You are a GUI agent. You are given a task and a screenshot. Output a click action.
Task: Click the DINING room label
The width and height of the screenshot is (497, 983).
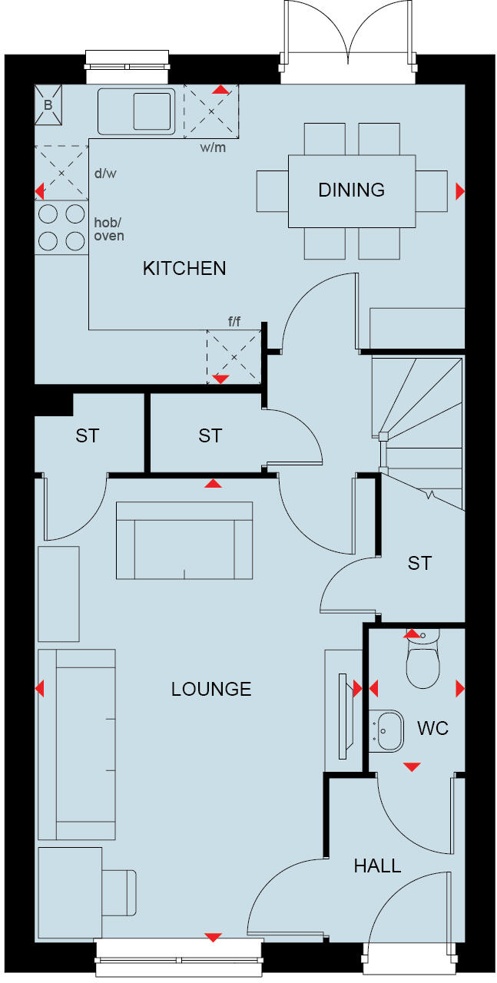point(351,190)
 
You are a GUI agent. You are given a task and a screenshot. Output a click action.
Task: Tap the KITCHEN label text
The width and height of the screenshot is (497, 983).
point(184,268)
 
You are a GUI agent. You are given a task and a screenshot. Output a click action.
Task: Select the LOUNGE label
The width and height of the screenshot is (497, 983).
point(211,689)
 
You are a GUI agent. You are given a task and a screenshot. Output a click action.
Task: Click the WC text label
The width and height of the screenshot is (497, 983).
point(432,728)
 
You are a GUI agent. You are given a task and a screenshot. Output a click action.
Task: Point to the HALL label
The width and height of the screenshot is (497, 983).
point(377,866)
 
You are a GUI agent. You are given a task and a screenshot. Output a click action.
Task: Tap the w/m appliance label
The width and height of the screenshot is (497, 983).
point(212,147)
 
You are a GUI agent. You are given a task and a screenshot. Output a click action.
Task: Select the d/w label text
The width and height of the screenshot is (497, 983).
point(104,174)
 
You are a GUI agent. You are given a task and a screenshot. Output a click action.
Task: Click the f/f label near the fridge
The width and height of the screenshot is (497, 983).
point(234,321)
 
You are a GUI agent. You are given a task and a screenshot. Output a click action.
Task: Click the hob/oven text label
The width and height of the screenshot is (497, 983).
point(108,228)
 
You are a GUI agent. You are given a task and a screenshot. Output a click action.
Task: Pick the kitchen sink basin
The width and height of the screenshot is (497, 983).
point(153,111)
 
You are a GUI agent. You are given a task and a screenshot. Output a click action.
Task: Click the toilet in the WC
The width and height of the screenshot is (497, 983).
point(422,662)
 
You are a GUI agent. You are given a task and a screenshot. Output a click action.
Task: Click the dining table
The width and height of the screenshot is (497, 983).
point(351,190)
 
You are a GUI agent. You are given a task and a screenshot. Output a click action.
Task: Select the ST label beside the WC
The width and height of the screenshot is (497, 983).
point(419,563)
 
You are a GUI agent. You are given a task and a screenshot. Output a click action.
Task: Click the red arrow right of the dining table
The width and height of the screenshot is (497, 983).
point(460,190)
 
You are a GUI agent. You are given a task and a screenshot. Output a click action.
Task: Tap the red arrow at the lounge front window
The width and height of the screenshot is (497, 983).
point(213,937)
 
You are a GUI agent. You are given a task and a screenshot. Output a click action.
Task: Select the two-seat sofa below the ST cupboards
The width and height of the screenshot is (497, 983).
point(184,541)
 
